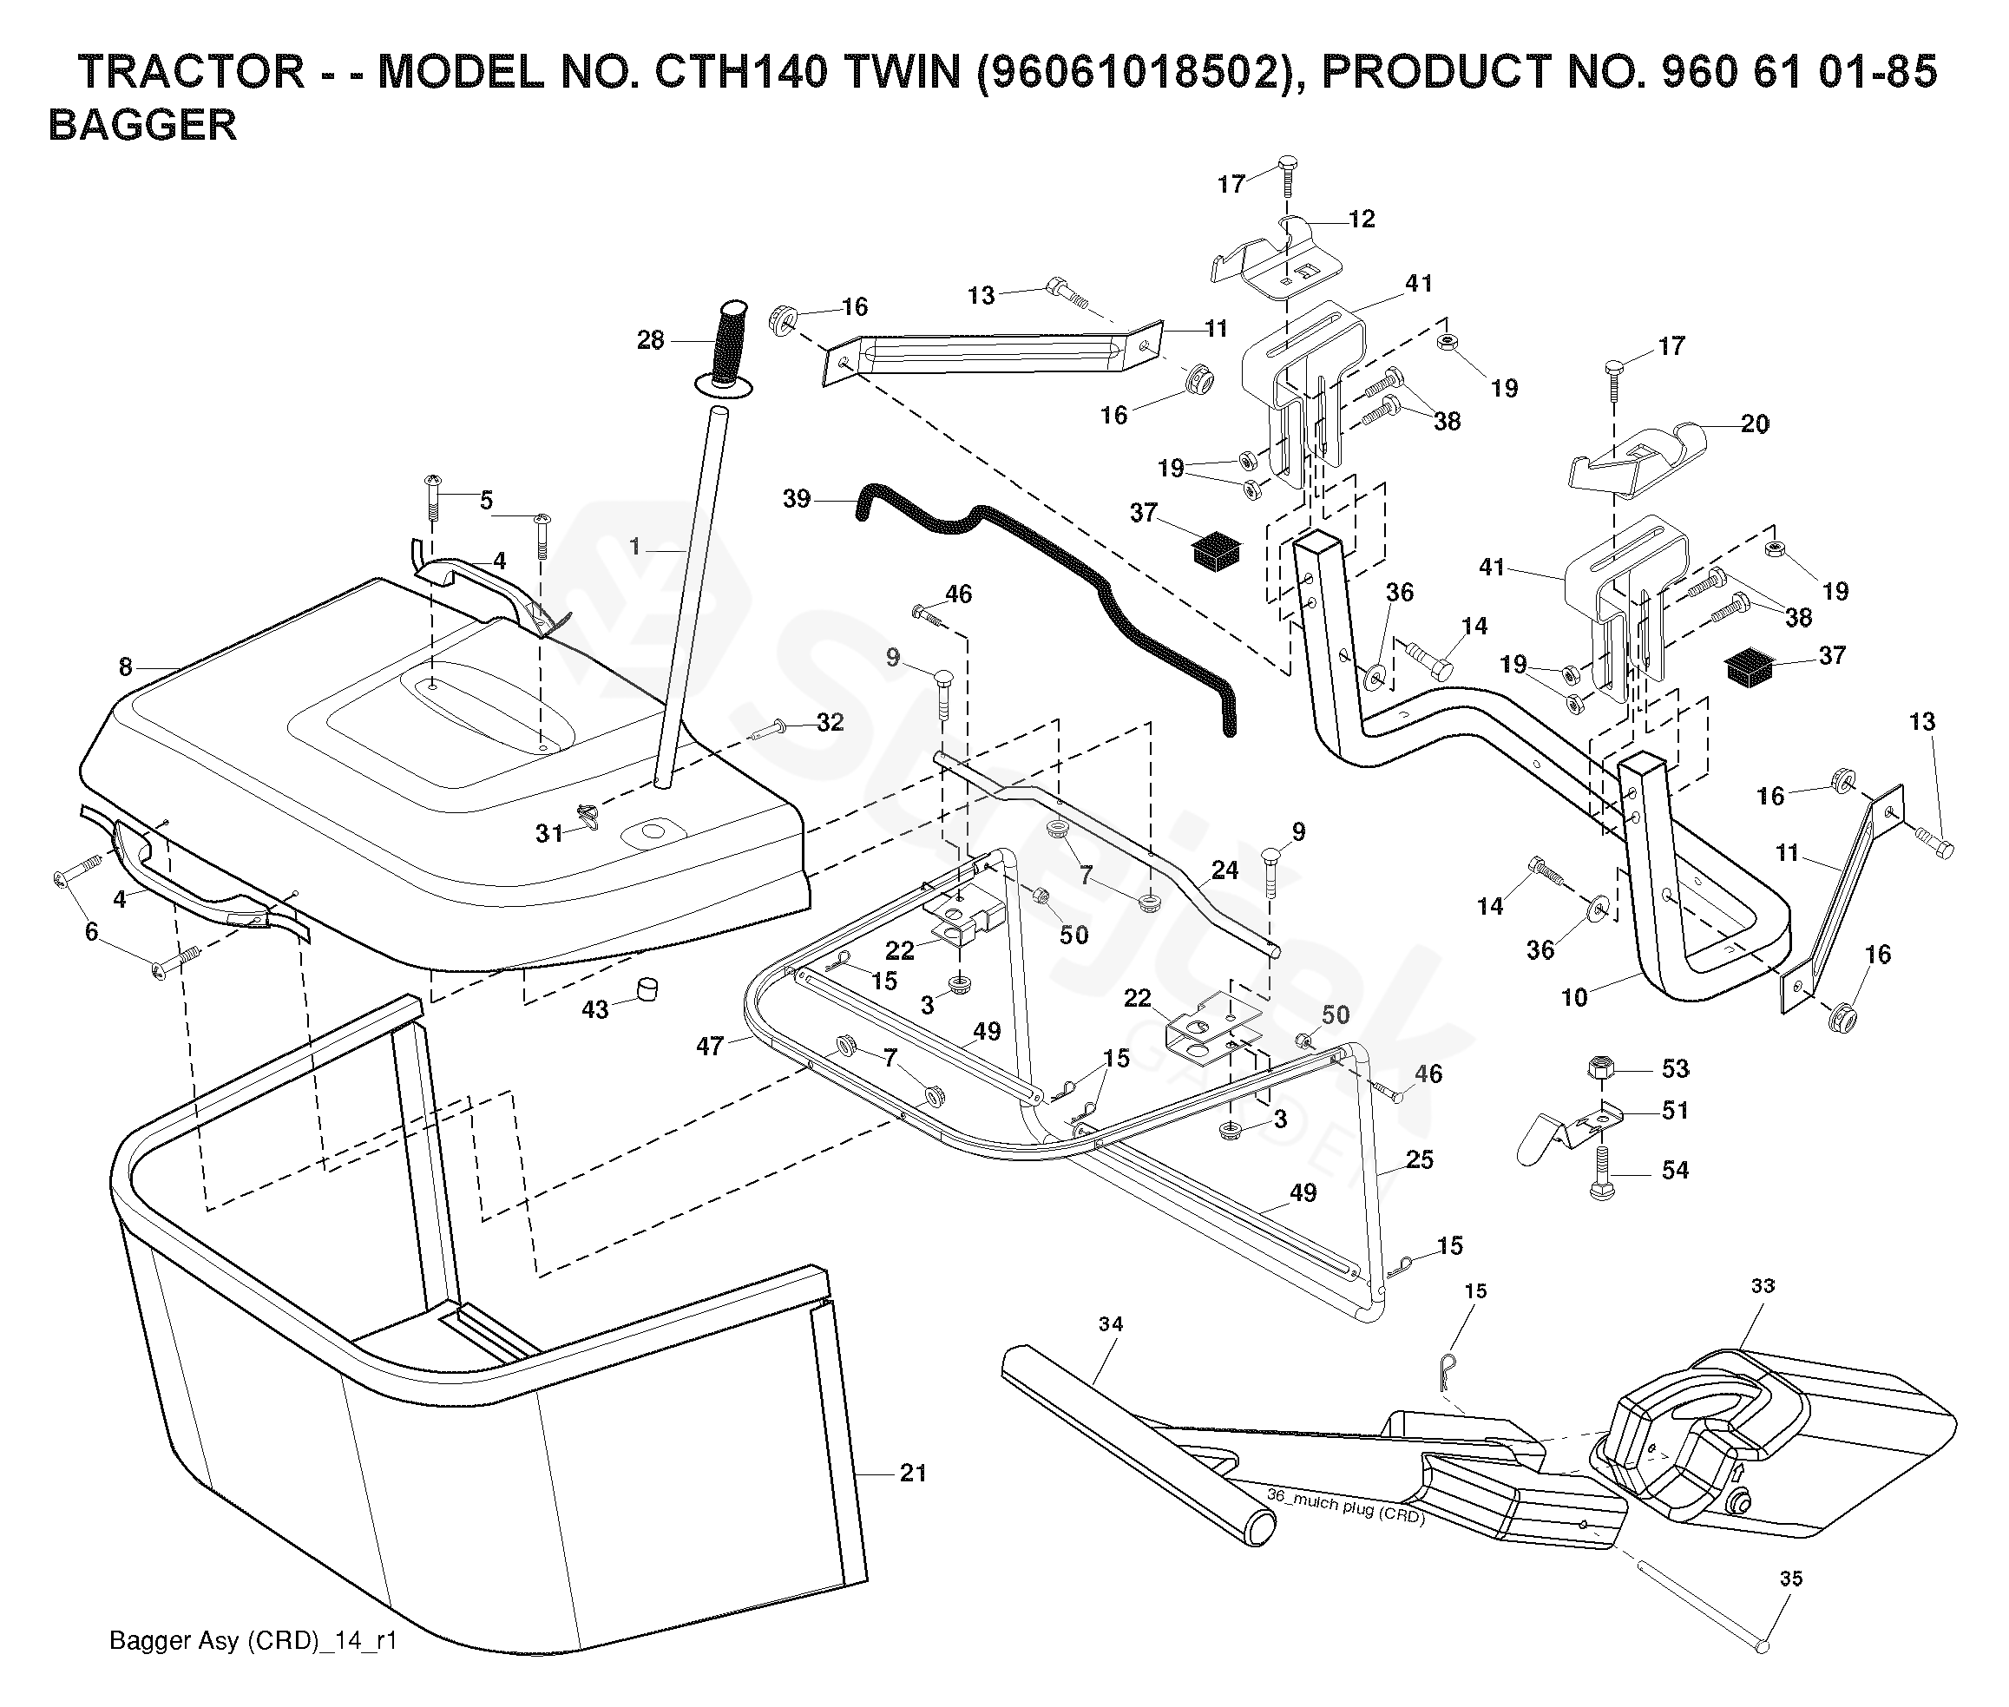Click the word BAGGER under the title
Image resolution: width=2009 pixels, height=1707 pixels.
pos(142,126)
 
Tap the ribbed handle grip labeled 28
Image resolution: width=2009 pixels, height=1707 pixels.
pos(731,344)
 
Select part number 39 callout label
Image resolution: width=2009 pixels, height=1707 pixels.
pos(797,499)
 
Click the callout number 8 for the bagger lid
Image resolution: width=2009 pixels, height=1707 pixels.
pos(126,666)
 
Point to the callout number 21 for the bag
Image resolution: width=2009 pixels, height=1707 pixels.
pos(913,1473)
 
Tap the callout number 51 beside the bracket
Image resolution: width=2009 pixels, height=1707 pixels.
pos(1675,1110)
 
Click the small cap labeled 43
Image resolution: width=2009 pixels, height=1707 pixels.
pos(646,989)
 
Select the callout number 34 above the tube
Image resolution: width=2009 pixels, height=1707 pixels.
pos(1111,1323)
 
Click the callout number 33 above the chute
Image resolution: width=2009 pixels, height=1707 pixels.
pos(1763,1286)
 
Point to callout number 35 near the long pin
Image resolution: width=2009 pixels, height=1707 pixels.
pos(1791,1579)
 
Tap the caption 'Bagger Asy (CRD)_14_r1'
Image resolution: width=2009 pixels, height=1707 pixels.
pos(253,1641)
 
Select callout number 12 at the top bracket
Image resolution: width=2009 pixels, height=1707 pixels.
pos(1362,220)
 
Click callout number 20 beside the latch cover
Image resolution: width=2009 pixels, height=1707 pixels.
pos(1755,423)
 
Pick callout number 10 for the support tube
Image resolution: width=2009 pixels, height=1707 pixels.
pos(1574,997)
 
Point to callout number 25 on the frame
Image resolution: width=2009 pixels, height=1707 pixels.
pos(1420,1159)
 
